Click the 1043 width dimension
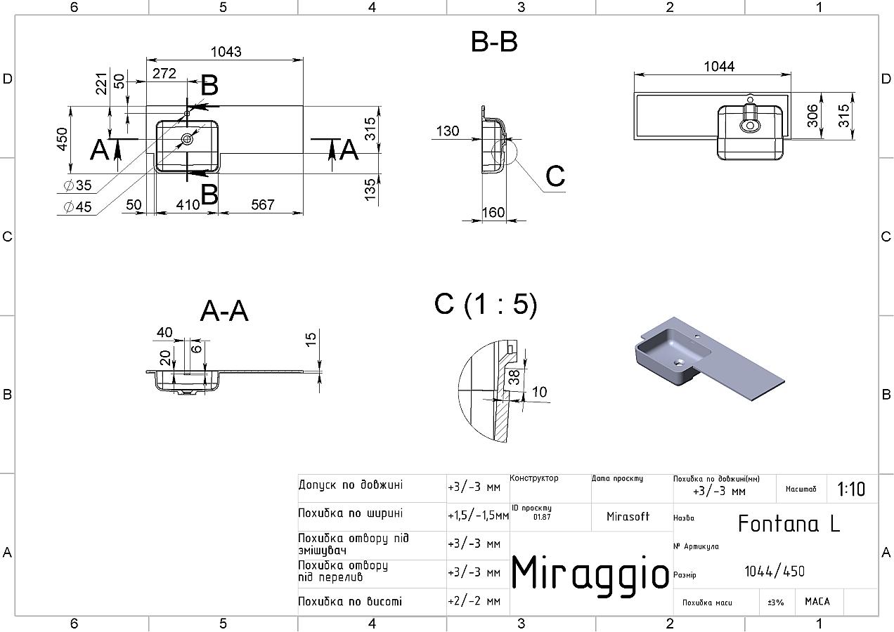point(226,52)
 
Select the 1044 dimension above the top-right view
point(719,66)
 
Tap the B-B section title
point(494,42)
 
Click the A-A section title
point(224,311)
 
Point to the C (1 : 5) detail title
point(486,304)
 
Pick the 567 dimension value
point(263,204)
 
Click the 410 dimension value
point(188,204)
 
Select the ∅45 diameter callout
point(77,206)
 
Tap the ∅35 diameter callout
point(77,185)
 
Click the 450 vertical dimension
point(63,139)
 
